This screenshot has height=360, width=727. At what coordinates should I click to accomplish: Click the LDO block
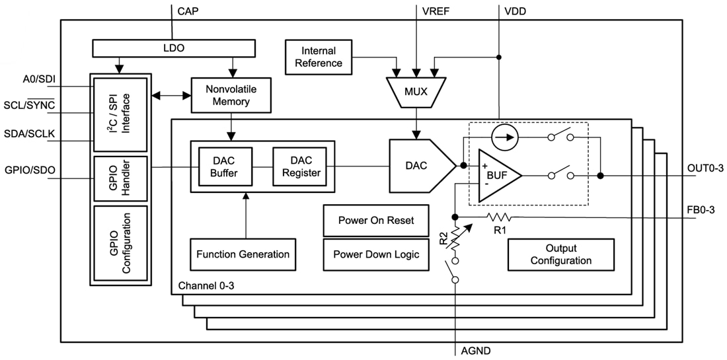tap(174, 48)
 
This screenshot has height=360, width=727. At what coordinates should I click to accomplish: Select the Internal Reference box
tap(319, 57)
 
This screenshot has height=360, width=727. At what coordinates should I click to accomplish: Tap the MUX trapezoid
tap(416, 92)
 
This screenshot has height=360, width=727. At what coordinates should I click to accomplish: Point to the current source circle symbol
tap(505, 137)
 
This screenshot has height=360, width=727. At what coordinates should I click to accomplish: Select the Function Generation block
tap(243, 254)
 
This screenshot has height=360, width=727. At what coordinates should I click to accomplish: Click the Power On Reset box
tap(376, 221)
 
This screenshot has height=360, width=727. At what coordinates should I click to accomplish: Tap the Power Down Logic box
tap(376, 254)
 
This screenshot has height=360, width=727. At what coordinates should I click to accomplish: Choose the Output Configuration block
tap(560, 254)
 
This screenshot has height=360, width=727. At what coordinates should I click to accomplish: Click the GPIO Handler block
tap(120, 178)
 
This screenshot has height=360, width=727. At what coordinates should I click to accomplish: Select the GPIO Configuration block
tap(120, 244)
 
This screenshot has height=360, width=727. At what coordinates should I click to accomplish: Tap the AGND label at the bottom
tap(475, 351)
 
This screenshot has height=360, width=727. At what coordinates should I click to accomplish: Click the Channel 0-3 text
tap(206, 287)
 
